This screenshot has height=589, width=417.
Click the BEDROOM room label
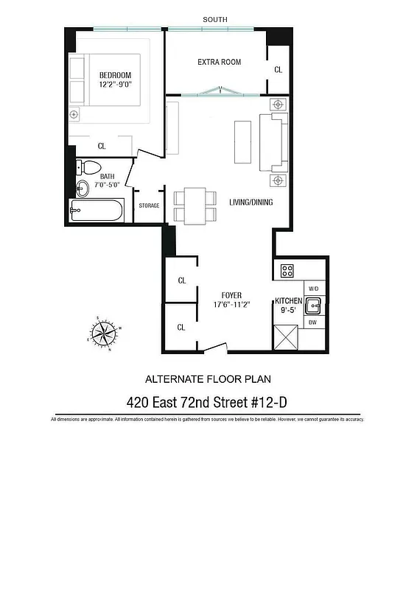pyautogui.click(x=115, y=75)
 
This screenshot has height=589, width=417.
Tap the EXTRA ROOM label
pyautogui.click(x=219, y=62)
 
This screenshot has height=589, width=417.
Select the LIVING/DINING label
pyautogui.click(x=250, y=202)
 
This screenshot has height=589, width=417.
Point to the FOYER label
pyautogui.click(x=228, y=295)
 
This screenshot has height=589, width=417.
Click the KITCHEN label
pyautogui.click(x=289, y=300)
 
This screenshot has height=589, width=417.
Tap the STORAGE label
pyautogui.click(x=149, y=205)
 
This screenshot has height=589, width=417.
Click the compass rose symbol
pyautogui.click(x=102, y=334)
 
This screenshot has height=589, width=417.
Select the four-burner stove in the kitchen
pyautogui.click(x=287, y=270)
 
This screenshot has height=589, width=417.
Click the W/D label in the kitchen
pyautogui.click(x=313, y=289)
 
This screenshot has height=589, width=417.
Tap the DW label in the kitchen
pyautogui.click(x=313, y=322)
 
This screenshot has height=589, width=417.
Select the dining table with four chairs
pyautogui.click(x=195, y=205)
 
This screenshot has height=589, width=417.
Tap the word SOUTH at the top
pyautogui.click(x=215, y=19)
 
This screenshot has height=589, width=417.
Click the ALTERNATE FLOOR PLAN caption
pyautogui.click(x=208, y=379)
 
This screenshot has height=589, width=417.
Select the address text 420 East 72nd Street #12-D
pyautogui.click(x=208, y=402)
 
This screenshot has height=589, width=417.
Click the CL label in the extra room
pyautogui.click(x=278, y=70)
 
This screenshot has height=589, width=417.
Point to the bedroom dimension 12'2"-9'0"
pyautogui.click(x=115, y=85)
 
